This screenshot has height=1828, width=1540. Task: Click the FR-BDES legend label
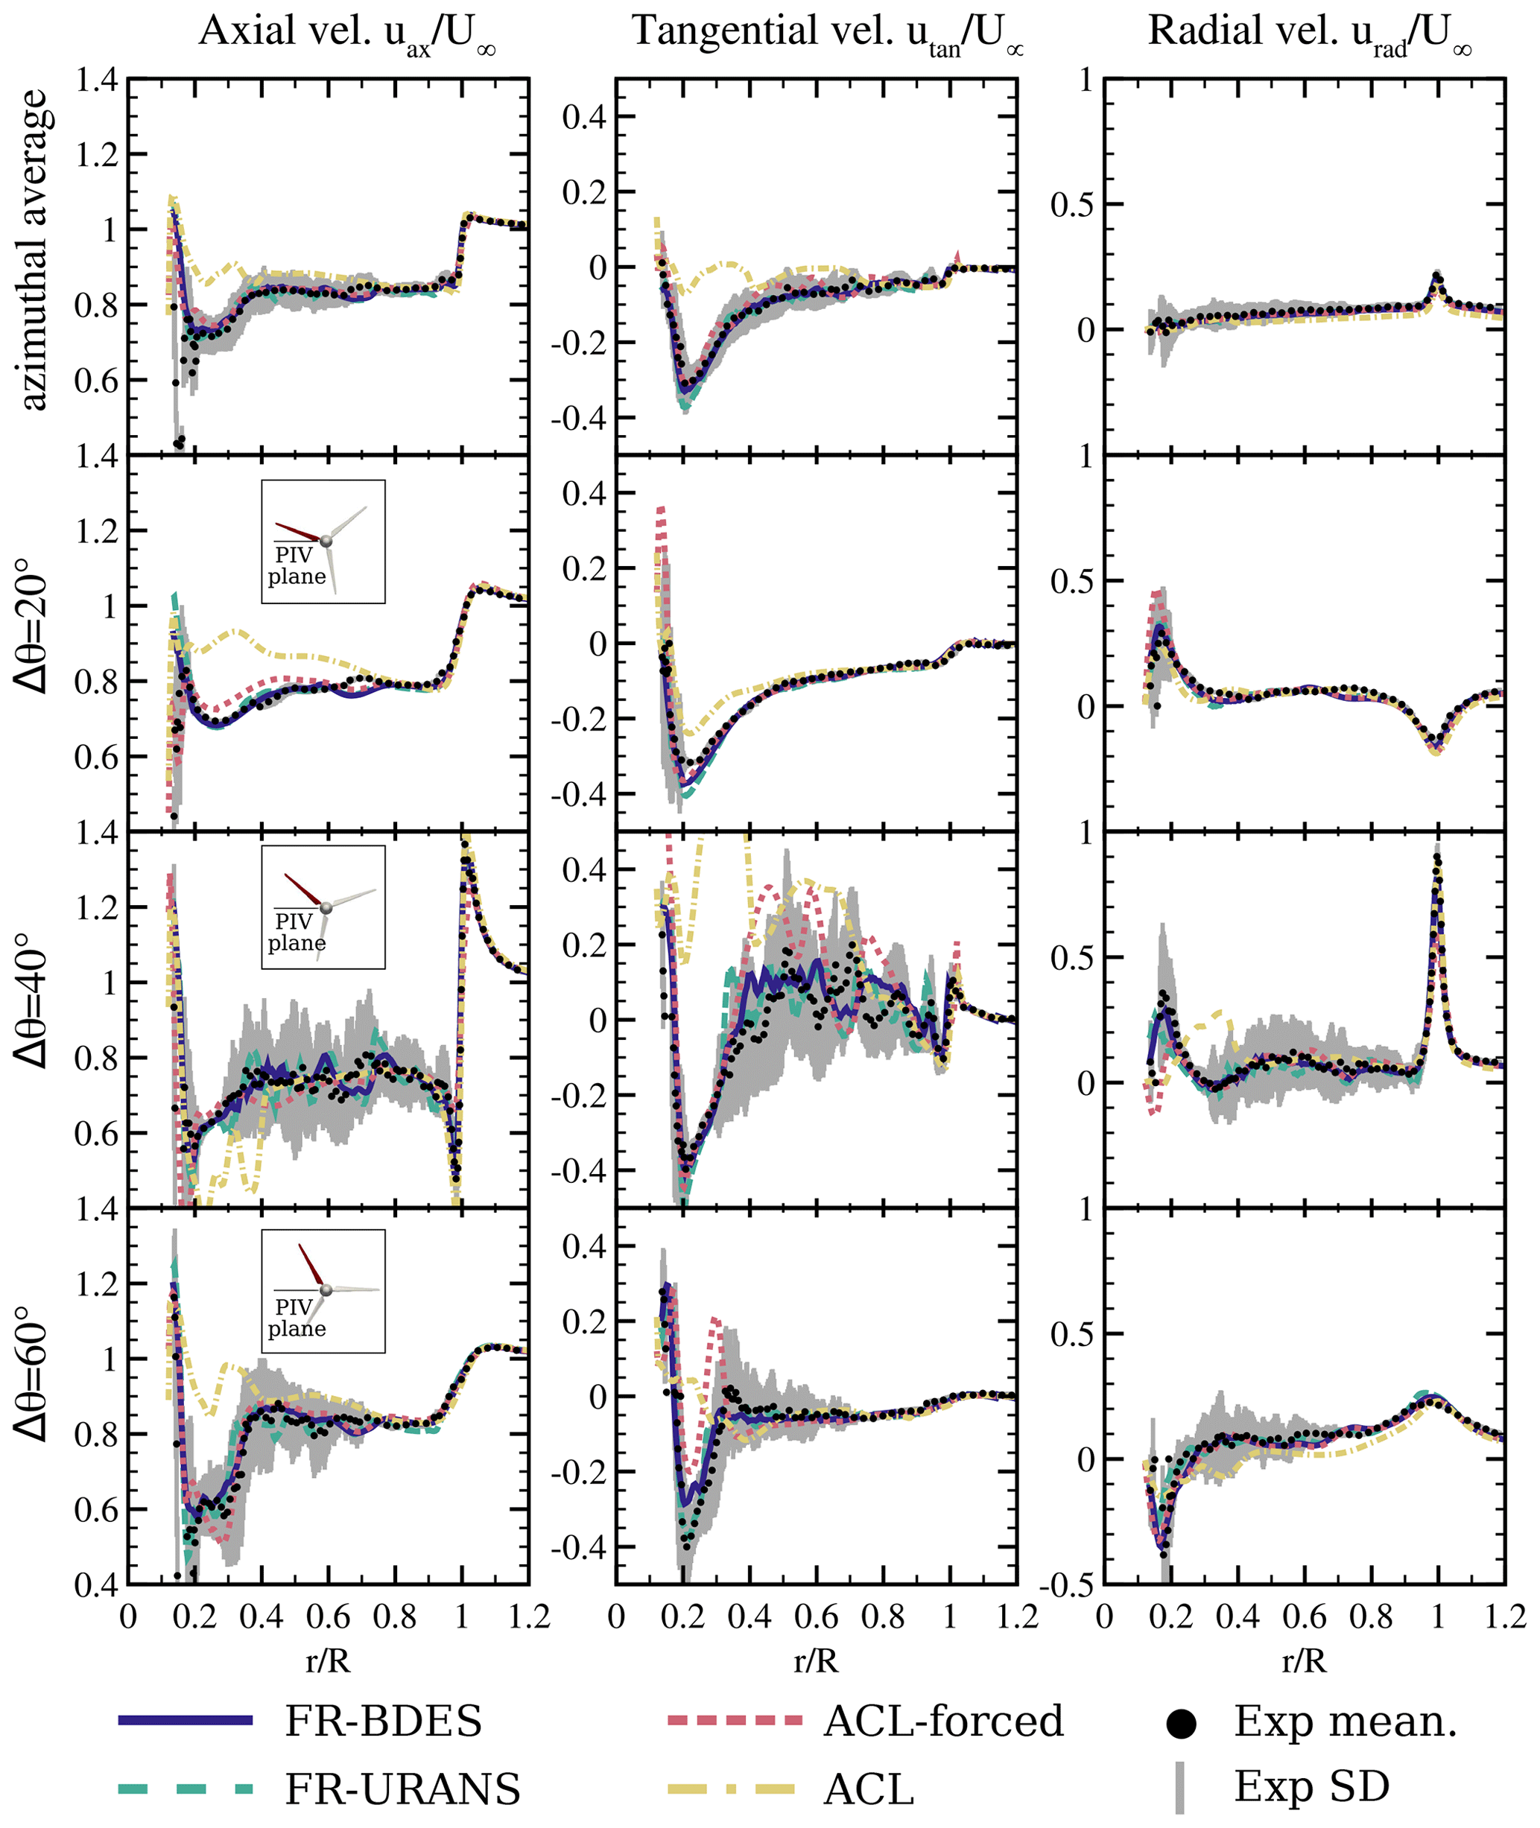pyautogui.click(x=383, y=1721)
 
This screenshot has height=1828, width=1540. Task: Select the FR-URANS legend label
pyautogui.click(x=402, y=1789)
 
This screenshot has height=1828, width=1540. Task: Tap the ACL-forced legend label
pyautogui.click(x=943, y=1721)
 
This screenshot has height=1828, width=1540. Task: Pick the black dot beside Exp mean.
pyautogui.click(x=1180, y=1722)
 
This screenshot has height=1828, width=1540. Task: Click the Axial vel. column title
pyautogui.click(x=347, y=34)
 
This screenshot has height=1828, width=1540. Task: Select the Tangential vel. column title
pyautogui.click(x=827, y=34)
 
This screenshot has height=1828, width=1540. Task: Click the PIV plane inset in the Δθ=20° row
pyautogui.click(x=323, y=542)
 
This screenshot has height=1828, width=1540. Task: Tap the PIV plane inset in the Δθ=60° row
pyautogui.click(x=323, y=1291)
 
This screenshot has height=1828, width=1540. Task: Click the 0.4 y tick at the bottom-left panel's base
pyautogui.click(x=96, y=1585)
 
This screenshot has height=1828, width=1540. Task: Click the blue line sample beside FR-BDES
pyautogui.click(x=185, y=1721)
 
